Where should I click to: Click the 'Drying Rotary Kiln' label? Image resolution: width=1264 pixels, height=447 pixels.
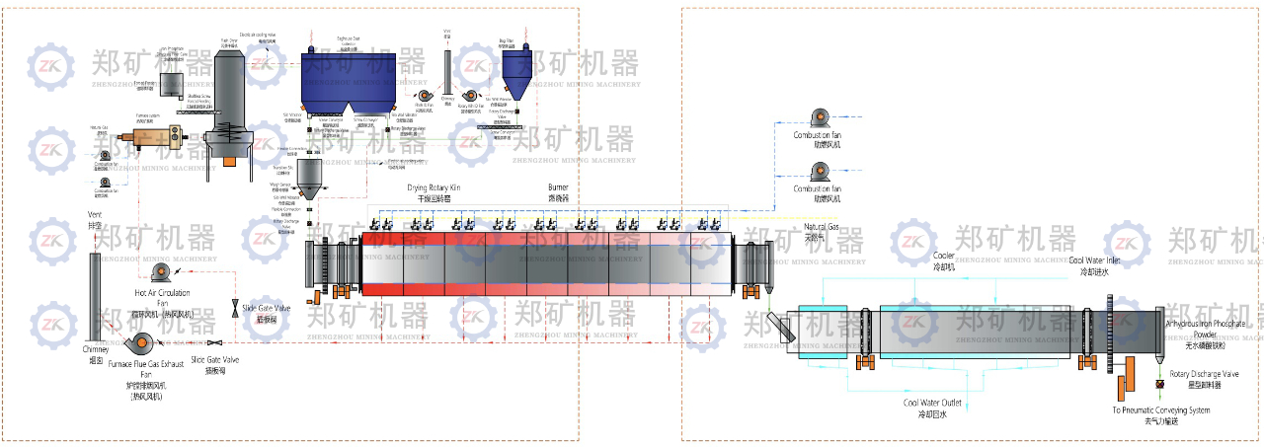click(434, 187)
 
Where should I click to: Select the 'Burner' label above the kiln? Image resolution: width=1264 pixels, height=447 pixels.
click(559, 186)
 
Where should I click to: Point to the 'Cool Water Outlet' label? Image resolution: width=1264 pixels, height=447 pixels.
click(932, 403)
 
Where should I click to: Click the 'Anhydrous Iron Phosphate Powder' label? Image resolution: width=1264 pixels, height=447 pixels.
click(1205, 329)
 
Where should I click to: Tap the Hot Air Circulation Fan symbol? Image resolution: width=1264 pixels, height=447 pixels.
click(159, 273)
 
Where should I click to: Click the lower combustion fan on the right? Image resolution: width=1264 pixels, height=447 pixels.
click(816, 172)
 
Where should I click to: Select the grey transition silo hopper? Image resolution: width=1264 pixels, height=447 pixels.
click(310, 178)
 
